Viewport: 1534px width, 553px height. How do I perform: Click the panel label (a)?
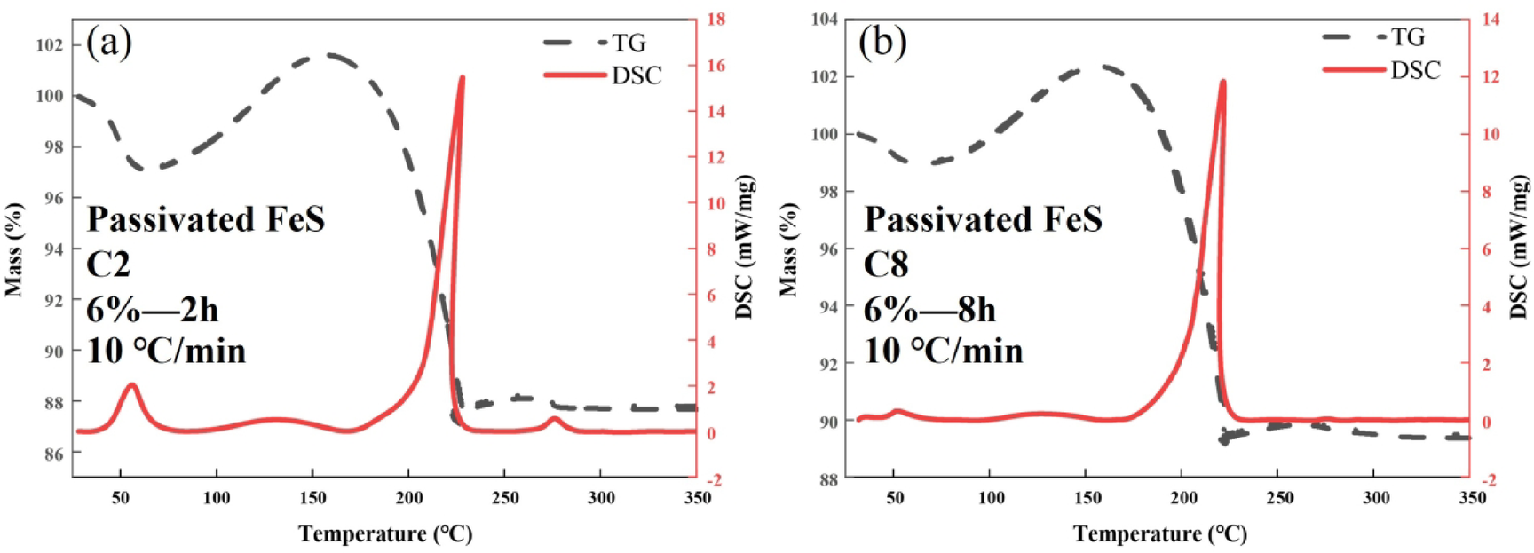click(x=108, y=43)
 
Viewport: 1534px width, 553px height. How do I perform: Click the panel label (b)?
click(x=882, y=42)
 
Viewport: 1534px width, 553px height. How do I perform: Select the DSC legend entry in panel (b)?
click(x=1415, y=70)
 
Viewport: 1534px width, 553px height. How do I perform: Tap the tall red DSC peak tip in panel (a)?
click(x=462, y=78)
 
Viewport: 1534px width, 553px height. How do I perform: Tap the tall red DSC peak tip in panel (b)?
click(x=1222, y=82)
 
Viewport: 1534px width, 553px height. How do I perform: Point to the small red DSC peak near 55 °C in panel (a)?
click(x=131, y=385)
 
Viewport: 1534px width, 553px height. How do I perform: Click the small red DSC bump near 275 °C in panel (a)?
click(x=554, y=418)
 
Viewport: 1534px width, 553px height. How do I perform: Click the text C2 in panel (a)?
click(x=108, y=265)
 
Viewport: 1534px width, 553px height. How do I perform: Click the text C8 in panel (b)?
click(x=885, y=265)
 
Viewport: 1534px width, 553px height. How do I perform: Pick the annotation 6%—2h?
click(x=152, y=310)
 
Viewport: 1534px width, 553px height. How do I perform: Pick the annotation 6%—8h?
click(x=929, y=310)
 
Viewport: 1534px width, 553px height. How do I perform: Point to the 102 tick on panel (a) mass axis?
click(x=50, y=44)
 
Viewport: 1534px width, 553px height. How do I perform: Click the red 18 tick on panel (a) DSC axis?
click(x=716, y=19)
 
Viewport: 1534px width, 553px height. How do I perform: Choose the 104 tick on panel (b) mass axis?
click(x=825, y=19)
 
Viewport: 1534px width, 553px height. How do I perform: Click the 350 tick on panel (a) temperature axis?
click(x=697, y=498)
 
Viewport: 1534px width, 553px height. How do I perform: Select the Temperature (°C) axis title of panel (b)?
click(x=1159, y=533)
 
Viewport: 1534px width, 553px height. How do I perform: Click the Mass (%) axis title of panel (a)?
click(x=13, y=249)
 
